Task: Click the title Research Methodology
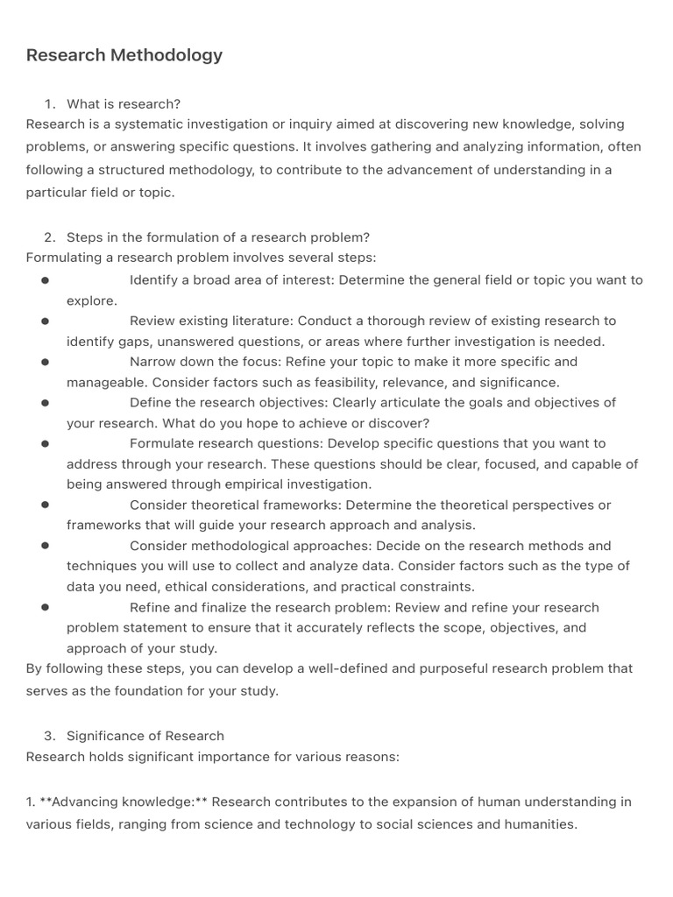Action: [x=124, y=55]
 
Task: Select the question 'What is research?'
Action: [x=124, y=103]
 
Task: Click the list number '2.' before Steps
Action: [x=50, y=237]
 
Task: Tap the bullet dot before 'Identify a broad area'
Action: [x=45, y=280]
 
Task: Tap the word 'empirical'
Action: [x=265, y=484]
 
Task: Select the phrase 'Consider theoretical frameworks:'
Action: [x=235, y=505]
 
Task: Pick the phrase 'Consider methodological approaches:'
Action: [x=251, y=546]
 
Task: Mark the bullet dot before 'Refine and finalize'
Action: [x=45, y=607]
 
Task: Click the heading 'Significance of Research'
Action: [x=145, y=736]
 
